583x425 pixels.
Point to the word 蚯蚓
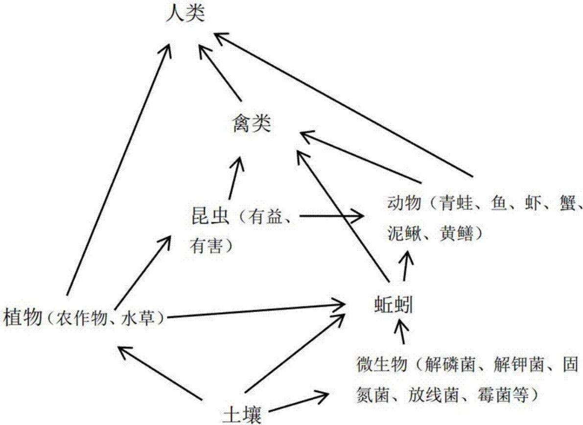pyautogui.click(x=391, y=305)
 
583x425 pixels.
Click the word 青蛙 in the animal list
pyautogui.click(x=457, y=202)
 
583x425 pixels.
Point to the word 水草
pyautogui.click(x=140, y=318)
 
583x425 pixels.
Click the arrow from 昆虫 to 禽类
pyautogui.click(x=234, y=178)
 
